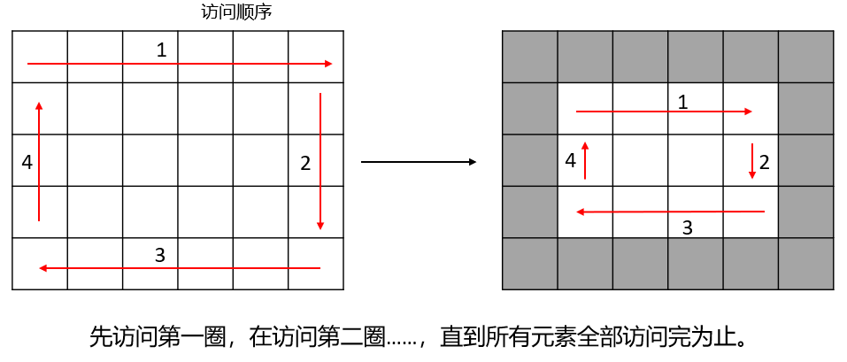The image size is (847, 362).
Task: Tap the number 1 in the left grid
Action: [x=161, y=50]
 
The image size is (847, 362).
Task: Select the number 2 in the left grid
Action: [x=305, y=163]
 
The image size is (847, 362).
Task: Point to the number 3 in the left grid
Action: [x=159, y=255]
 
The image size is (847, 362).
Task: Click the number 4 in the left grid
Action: [x=27, y=163]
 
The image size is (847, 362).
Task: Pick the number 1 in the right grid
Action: [x=682, y=102]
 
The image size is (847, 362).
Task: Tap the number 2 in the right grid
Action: [x=765, y=162]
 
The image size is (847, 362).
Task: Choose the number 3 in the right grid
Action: [x=687, y=227]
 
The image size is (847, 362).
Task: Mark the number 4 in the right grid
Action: [x=570, y=161]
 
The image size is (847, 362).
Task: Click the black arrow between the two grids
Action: [x=419, y=162]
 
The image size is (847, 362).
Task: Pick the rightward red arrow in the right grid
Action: [x=664, y=112]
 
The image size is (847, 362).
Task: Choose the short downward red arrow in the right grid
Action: [x=752, y=161]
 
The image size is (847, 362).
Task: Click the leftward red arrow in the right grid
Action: [x=670, y=212]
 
